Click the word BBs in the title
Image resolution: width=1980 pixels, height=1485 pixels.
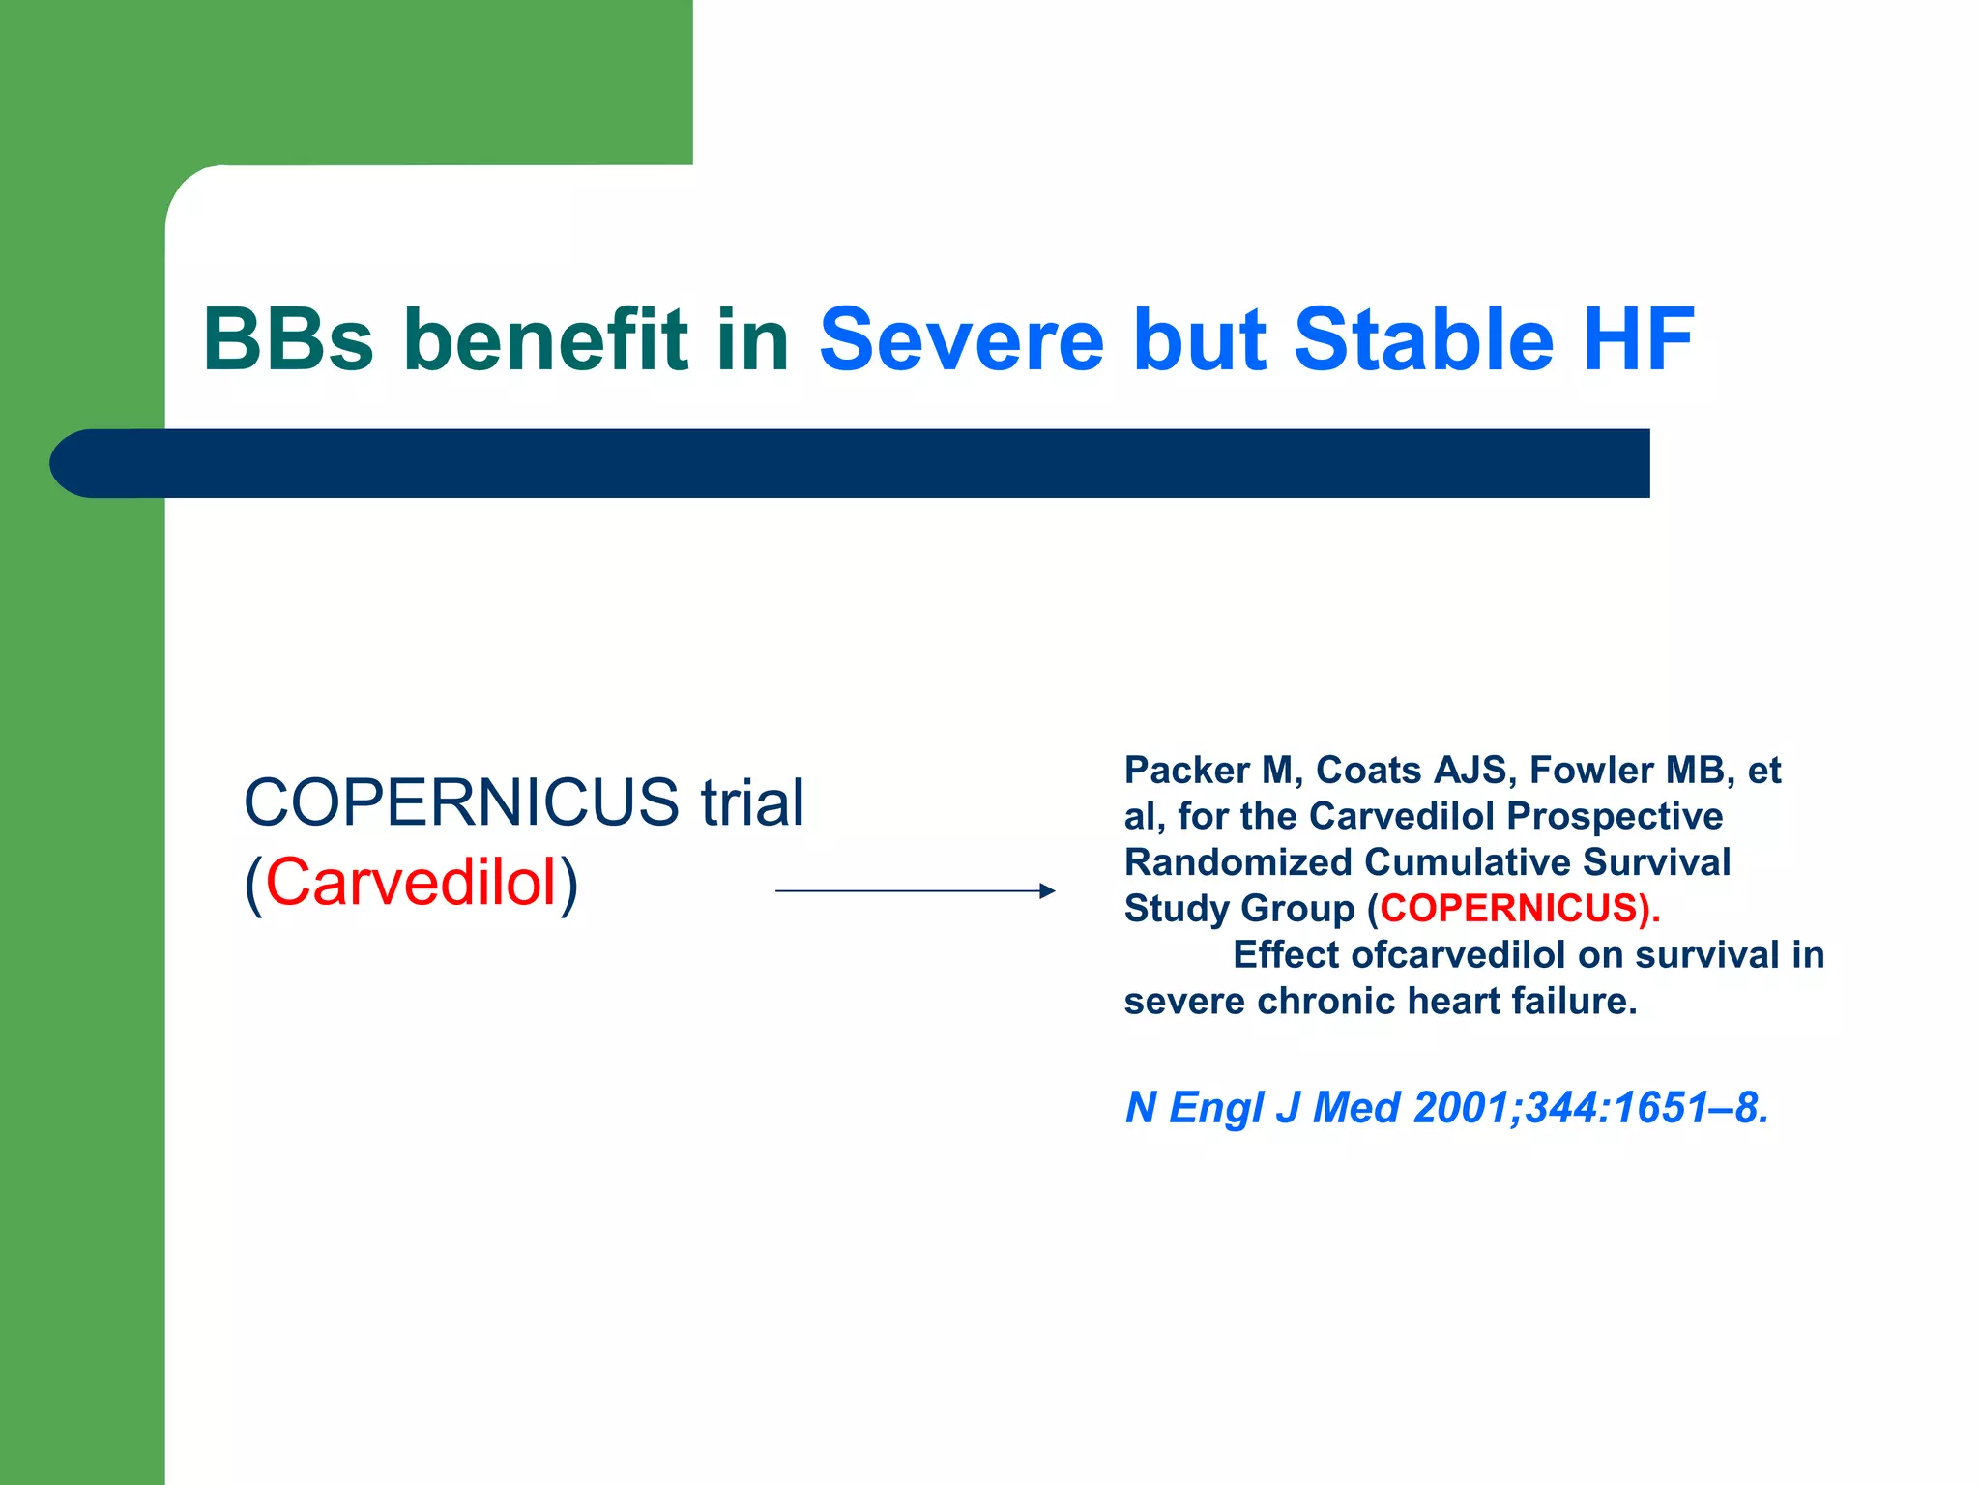287,339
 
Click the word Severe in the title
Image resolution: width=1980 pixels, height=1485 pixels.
961,339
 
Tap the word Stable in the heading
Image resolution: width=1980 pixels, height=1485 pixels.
1423,339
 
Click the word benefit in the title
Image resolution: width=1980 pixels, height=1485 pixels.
545,339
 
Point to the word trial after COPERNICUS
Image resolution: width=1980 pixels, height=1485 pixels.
752,802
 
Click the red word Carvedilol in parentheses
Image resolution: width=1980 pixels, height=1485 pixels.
411,883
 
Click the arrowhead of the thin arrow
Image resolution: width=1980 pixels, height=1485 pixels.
1047,890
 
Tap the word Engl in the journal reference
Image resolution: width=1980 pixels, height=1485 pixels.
1215,1108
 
